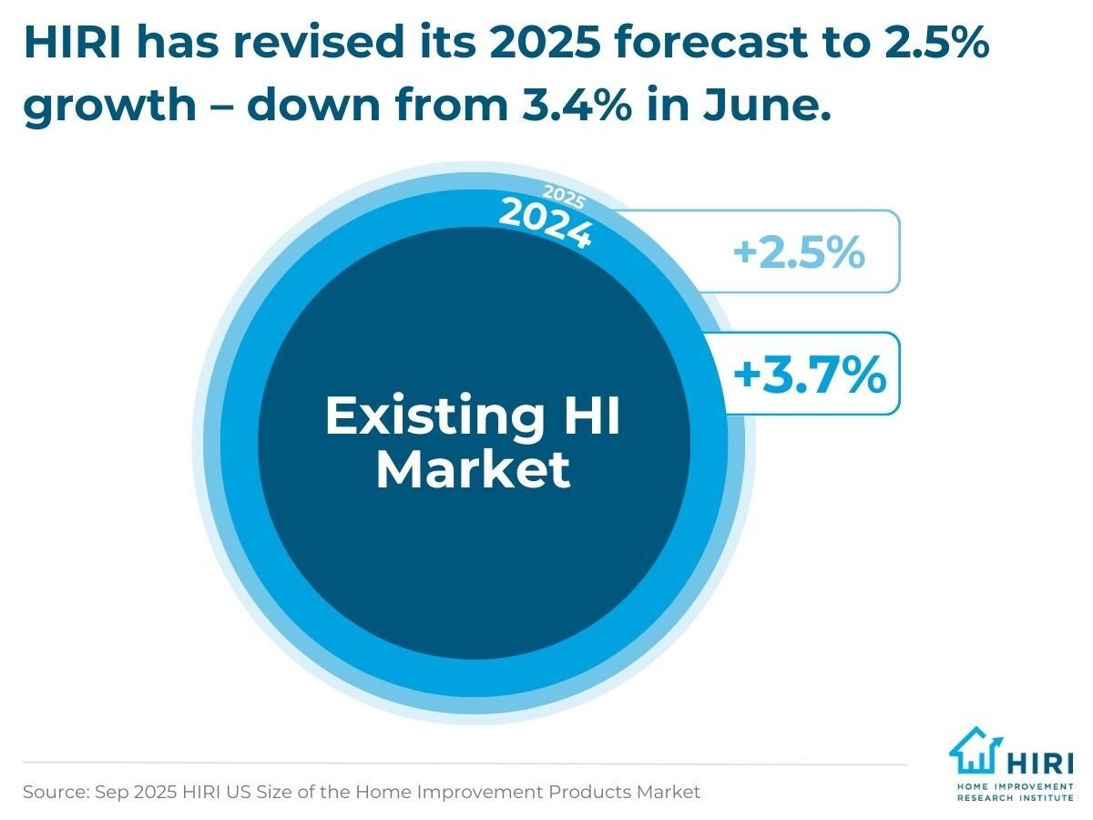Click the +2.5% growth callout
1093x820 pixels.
[x=799, y=252]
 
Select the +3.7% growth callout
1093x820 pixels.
[x=809, y=374]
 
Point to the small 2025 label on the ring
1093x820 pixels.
[x=564, y=197]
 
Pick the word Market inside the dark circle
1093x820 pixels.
[x=473, y=470]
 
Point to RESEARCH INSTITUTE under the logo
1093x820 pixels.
[x=1015, y=797]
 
